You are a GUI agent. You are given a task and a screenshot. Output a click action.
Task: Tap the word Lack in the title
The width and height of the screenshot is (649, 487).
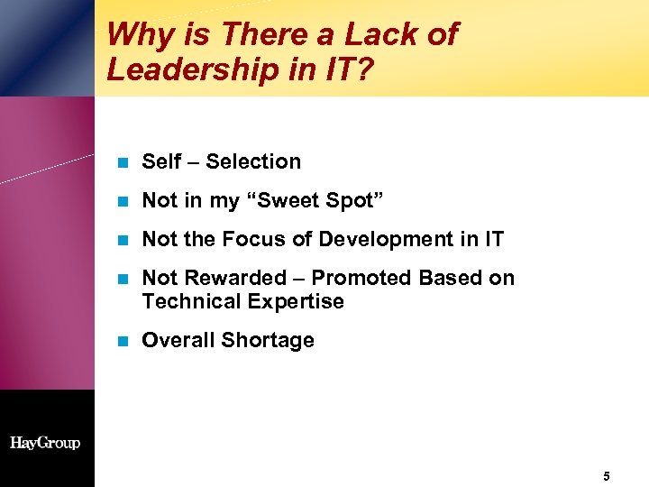pos(369,34)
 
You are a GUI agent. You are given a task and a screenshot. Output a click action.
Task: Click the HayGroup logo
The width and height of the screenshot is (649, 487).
pos(45,443)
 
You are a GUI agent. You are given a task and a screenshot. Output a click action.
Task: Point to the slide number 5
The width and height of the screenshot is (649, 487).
pos(607,475)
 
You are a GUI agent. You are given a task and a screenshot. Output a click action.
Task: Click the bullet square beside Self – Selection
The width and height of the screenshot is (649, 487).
pos(123,163)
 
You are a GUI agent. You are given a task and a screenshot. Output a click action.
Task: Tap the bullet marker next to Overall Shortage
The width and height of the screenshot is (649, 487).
pos(123,342)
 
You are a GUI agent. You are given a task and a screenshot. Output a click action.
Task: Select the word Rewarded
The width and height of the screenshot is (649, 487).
pos(225,278)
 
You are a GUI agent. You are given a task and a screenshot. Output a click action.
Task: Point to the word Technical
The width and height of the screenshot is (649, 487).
pos(186,301)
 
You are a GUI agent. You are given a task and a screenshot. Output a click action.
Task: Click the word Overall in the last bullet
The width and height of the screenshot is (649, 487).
pos(175,341)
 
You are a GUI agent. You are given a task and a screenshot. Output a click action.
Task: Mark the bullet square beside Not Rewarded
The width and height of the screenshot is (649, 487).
pos(123,280)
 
